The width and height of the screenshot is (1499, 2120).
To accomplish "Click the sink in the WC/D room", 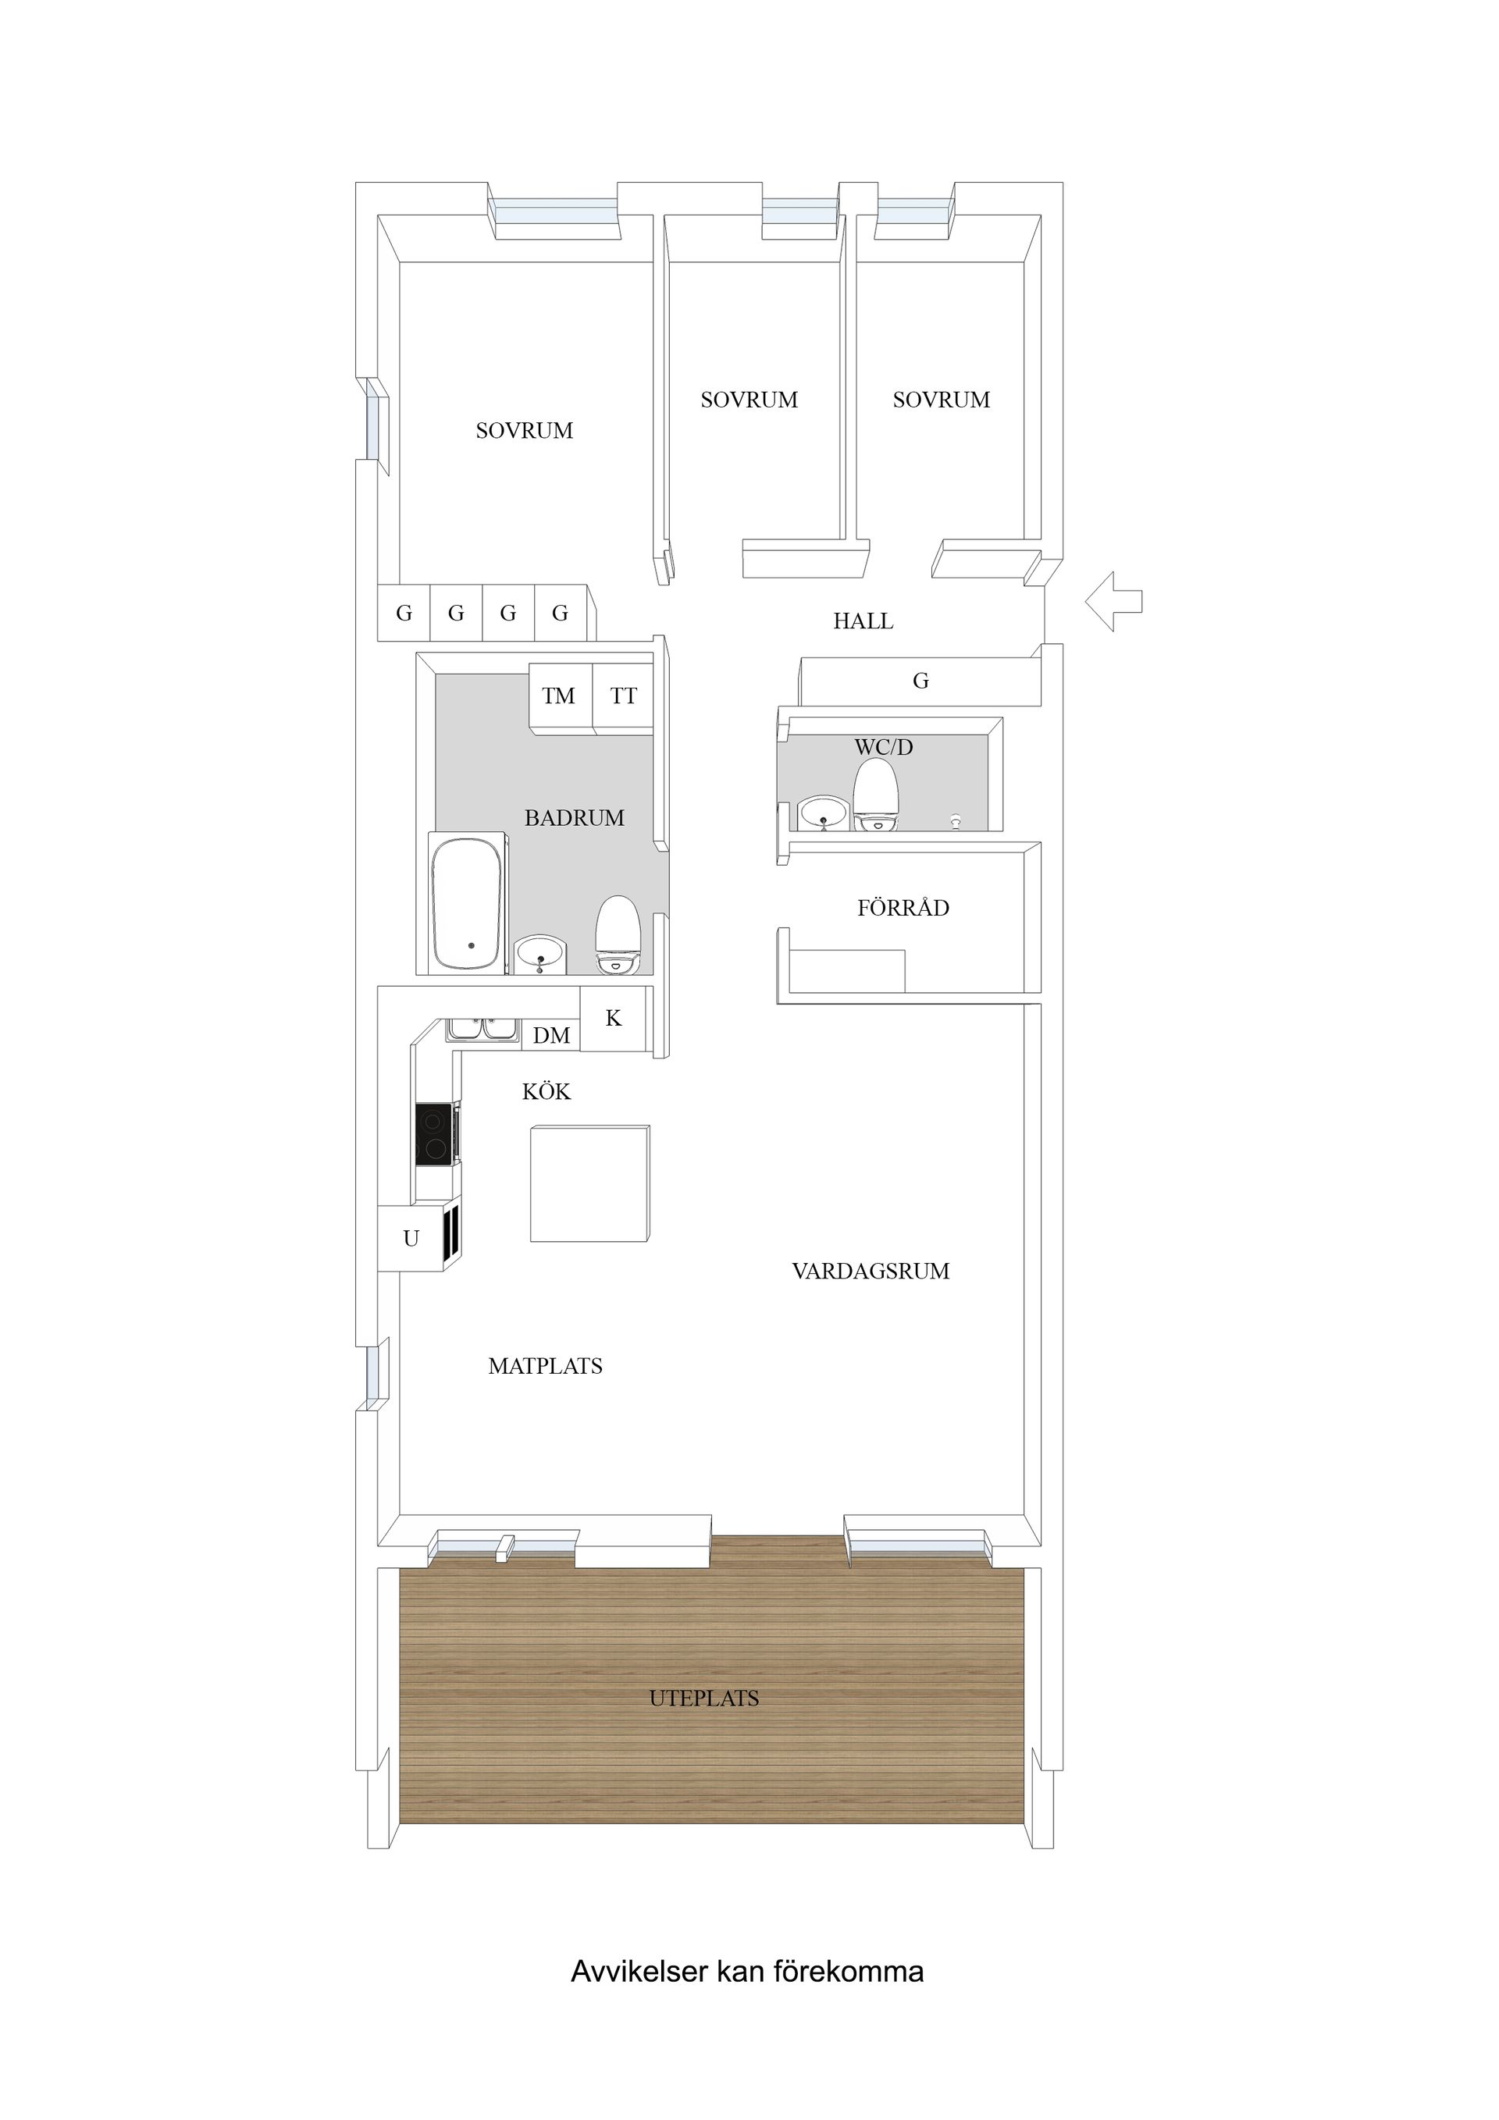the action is coord(824,813).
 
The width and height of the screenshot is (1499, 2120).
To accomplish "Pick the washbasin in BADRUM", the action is coord(540,955).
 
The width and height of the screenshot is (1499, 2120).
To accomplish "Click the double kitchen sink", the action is coord(482,1030).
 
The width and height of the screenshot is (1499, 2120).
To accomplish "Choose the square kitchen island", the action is coord(589,1183).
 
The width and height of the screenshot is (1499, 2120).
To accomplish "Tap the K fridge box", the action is coord(614,1019).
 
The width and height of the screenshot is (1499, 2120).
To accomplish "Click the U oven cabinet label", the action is coord(411,1238).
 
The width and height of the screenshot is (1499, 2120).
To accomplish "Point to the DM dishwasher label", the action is coord(551,1036).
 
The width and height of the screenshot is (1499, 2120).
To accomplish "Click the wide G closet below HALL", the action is coord(920,681).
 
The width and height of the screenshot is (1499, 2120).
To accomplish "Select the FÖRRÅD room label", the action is coord(903,908).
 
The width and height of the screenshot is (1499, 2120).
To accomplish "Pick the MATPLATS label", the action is coord(545,1366).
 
